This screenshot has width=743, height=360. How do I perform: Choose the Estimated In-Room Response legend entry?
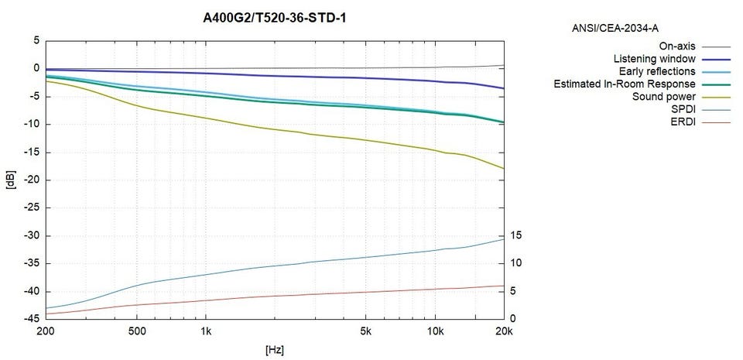point(625,84)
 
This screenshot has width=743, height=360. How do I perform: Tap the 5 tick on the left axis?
point(35,40)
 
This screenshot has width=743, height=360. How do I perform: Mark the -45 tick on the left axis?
point(29,319)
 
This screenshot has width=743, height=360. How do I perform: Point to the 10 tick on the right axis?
point(516,263)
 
